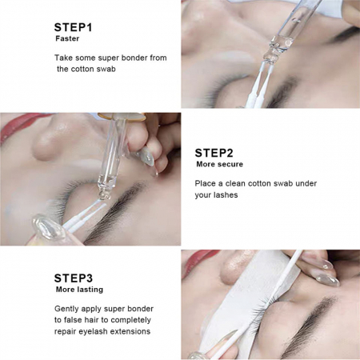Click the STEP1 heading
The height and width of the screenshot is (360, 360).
pyautogui.click(x=73, y=27)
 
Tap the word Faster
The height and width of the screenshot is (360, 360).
pyautogui.click(x=67, y=38)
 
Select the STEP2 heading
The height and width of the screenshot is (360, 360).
pyautogui.click(x=214, y=153)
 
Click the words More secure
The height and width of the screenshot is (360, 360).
pyautogui.click(x=219, y=164)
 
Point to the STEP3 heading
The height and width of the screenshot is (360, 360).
pyautogui.click(x=74, y=278)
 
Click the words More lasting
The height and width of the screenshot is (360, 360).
pyautogui.click(x=79, y=290)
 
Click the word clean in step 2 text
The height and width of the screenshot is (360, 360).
pyautogui.click(x=235, y=183)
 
